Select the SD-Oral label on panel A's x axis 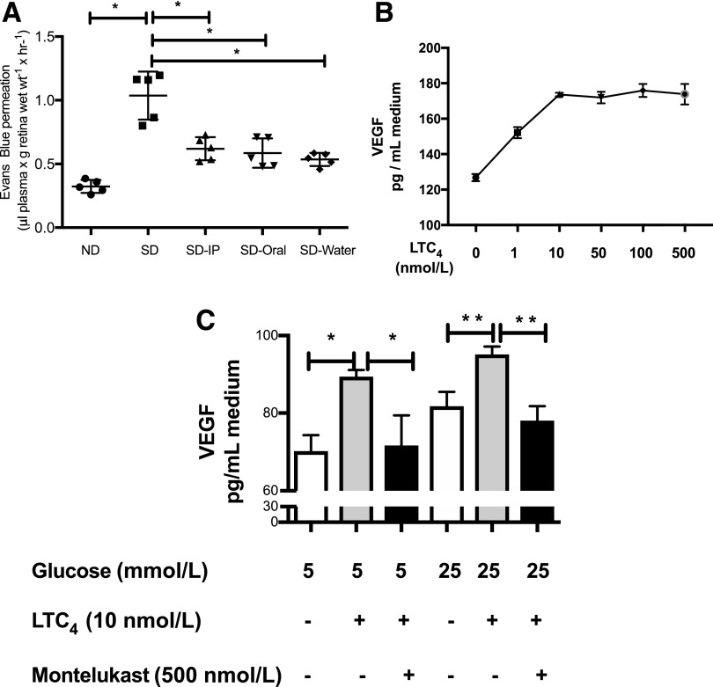pyautogui.click(x=264, y=251)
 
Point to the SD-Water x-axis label pyautogui.click(x=326, y=251)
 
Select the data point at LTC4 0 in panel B pyautogui.click(x=475, y=178)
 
